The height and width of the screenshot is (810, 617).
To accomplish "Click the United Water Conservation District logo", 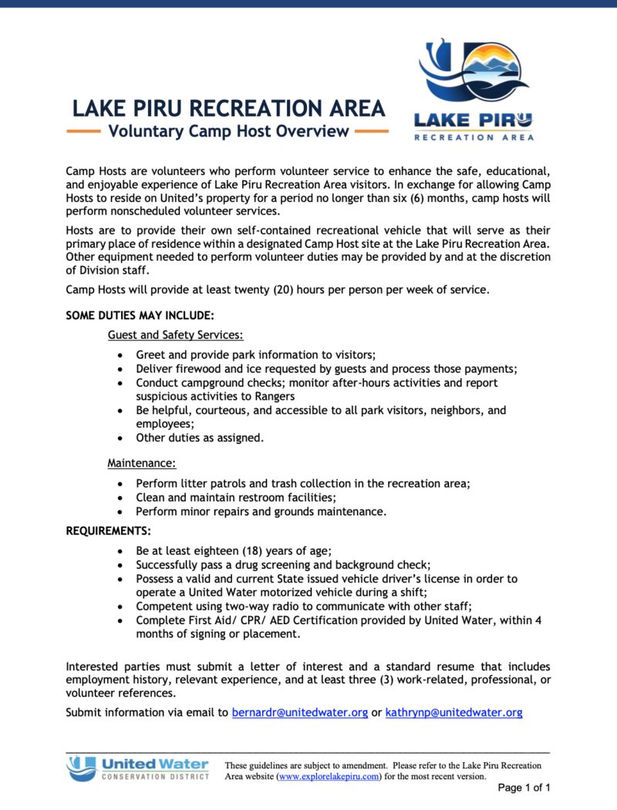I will tap(137, 768).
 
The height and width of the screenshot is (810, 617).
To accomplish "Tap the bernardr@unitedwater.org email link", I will tap(300, 712).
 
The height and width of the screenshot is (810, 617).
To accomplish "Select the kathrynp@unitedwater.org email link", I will tap(454, 712).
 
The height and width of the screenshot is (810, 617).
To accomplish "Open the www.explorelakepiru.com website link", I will tap(329, 776).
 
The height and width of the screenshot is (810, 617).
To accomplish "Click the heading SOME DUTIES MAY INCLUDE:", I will tap(140, 316).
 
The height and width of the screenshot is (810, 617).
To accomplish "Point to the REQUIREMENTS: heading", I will tap(109, 531).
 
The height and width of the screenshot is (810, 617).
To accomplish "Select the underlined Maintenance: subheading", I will tap(142, 464).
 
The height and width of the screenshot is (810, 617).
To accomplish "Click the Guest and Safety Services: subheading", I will tap(176, 335).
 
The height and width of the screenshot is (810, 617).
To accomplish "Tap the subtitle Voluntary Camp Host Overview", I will tap(229, 131).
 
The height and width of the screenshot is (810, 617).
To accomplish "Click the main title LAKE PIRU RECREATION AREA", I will tap(229, 108).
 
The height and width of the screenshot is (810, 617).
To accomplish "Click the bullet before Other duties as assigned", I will tap(119, 438).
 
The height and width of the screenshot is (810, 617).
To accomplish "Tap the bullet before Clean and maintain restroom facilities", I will tap(119, 498).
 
